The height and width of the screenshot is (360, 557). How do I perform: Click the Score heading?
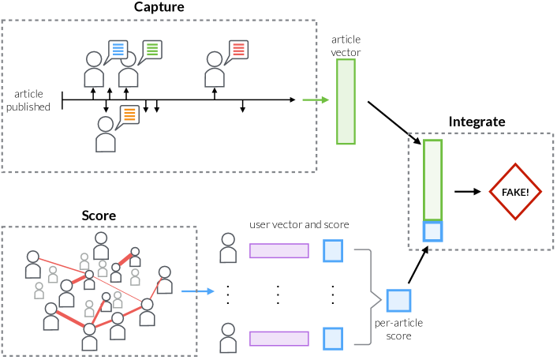click(x=99, y=216)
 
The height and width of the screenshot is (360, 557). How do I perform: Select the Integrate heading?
click(x=477, y=122)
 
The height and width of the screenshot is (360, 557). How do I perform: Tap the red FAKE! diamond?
click(x=515, y=192)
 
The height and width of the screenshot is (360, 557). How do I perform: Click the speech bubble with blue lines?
click(x=118, y=50)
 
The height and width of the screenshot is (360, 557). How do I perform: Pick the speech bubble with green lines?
click(x=152, y=50)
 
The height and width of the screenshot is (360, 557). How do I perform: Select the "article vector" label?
click(x=346, y=44)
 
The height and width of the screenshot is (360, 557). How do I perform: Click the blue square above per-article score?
click(x=398, y=302)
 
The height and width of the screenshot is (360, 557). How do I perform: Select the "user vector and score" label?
click(x=299, y=225)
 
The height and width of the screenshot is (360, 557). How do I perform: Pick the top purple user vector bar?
click(x=278, y=250)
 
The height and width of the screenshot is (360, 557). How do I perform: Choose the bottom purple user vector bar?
click(x=278, y=339)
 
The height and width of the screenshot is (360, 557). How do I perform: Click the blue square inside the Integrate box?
click(x=432, y=231)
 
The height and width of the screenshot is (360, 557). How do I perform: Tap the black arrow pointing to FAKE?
click(x=468, y=192)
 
